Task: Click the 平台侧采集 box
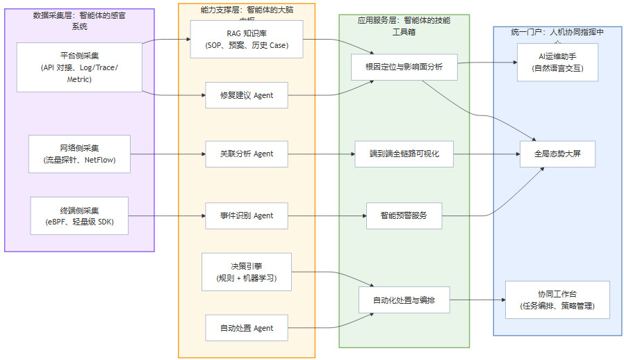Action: (79, 67)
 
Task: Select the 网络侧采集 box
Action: (79, 154)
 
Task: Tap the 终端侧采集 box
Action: (79, 215)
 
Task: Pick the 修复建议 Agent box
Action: (247, 95)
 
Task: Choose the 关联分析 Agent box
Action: (247, 154)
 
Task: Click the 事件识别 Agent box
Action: (247, 215)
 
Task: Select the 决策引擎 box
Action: (247, 272)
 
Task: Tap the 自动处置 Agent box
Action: (247, 328)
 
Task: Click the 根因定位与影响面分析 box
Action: (404, 67)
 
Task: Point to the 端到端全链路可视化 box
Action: (404, 154)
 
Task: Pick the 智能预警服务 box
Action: (404, 215)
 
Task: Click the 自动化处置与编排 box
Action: (404, 300)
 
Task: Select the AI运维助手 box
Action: (557, 62)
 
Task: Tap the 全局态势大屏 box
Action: (557, 154)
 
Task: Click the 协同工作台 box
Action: (557, 300)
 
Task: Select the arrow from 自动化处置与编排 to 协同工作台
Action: (477, 300)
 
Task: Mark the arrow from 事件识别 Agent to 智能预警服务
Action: (327, 215)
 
